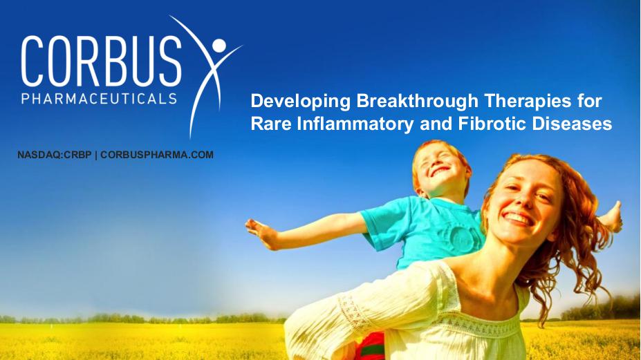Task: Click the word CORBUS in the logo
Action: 102,61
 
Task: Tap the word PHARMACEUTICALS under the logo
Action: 100,99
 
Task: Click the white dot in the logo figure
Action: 219,46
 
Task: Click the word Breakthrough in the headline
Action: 417,102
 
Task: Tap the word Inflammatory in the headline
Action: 355,124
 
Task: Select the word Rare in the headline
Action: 271,124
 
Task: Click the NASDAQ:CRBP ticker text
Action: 55,155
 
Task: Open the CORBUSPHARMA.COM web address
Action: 157,155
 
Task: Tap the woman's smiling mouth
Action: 519,218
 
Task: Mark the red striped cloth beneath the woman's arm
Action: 370,346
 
